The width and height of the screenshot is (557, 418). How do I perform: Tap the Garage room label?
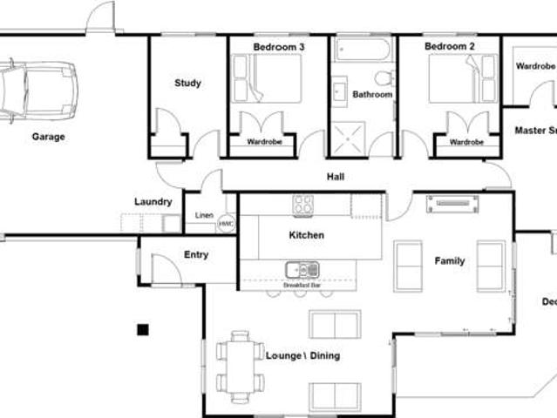(49, 137)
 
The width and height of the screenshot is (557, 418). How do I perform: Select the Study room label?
(187, 84)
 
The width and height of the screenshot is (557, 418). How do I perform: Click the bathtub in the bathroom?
(363, 49)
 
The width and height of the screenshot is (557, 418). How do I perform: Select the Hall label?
(336, 177)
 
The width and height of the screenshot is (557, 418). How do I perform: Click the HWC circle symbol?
(227, 224)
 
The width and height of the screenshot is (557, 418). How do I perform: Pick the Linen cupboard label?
(204, 215)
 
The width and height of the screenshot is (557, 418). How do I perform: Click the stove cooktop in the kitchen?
(303, 205)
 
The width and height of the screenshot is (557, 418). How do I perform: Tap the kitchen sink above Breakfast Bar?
(302, 270)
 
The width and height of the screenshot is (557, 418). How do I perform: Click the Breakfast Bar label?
(302, 286)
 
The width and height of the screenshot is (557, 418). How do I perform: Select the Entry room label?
(196, 255)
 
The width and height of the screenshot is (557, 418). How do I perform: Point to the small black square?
(143, 329)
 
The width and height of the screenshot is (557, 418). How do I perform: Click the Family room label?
(450, 260)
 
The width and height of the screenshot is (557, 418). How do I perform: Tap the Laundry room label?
(153, 202)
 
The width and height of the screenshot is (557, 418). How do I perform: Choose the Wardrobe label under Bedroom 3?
(262, 142)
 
